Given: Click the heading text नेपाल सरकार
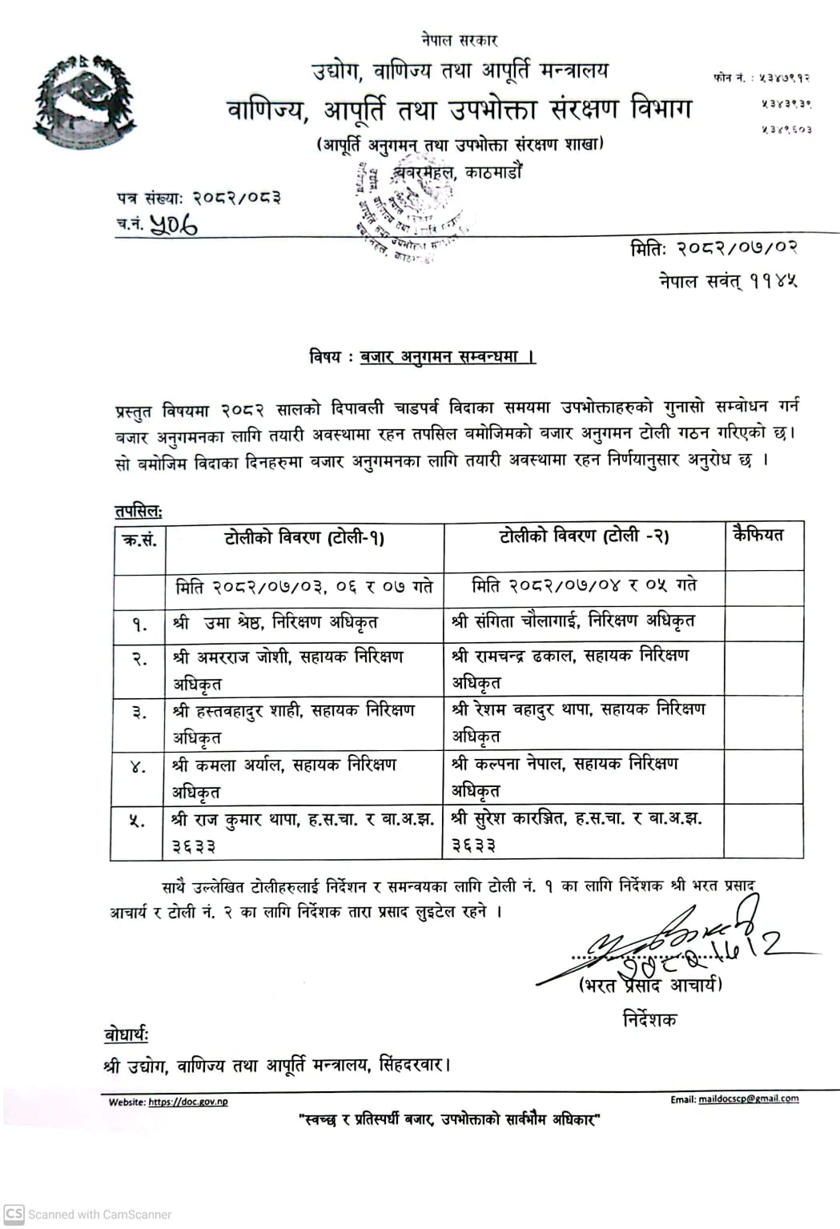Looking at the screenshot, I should pos(459,39).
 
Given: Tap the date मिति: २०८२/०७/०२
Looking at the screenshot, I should pos(713,248).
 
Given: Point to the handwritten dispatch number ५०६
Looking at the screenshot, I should pos(173,226).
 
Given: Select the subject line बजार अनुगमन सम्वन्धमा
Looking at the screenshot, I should pos(447,356).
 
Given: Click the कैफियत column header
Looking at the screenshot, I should pos(758,535).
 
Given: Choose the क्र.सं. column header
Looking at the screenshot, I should pos(139,540).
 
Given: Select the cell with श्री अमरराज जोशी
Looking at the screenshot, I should pos(288,669).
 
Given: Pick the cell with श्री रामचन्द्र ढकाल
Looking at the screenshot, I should pos(569,668).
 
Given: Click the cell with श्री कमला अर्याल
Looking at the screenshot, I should pos(284,777).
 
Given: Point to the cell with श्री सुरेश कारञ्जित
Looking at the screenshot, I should pos(576,831).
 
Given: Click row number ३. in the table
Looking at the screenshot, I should pos(139,711).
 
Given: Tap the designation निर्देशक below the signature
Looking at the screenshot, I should pos(649,1019).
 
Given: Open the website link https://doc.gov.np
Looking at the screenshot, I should pos(187,1102).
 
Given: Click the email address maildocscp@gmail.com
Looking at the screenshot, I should pos(748,1098).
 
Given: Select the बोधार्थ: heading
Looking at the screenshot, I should pos(127,1034).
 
